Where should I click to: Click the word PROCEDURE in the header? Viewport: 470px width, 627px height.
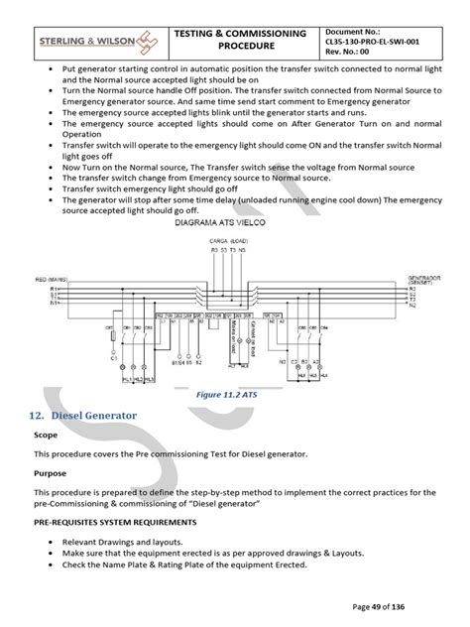pos(240,47)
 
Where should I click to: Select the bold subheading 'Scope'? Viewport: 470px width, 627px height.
pos(46,435)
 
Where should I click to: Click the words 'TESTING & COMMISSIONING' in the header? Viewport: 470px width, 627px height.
pos(240,33)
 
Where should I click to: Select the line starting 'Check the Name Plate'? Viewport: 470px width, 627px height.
pos(177,564)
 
